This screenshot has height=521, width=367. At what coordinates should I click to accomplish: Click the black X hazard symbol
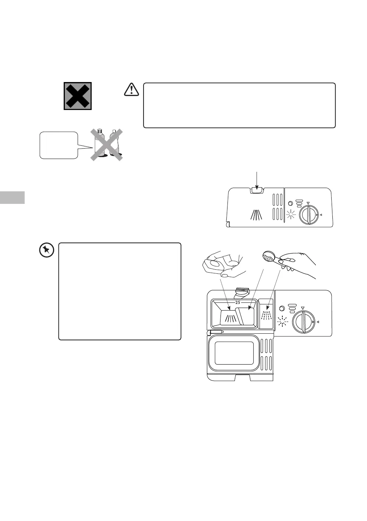tap(78, 96)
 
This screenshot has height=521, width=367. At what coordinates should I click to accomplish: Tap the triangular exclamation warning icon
tap(131, 89)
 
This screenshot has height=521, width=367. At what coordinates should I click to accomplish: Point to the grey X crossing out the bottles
tap(107, 145)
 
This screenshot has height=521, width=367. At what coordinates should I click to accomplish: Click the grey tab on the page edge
tap(12, 197)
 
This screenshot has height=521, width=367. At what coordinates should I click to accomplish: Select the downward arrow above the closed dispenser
tap(257, 180)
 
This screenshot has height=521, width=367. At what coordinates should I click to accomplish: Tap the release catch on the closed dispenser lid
tap(257, 190)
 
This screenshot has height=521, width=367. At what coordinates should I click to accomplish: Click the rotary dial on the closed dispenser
tap(308, 214)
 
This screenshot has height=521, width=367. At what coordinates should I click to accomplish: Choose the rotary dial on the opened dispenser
tap(303, 322)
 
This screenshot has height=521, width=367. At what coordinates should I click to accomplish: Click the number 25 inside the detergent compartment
tap(237, 302)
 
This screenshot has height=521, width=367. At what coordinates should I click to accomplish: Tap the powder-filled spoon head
tap(268, 256)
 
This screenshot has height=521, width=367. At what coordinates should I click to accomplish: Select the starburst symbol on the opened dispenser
tap(282, 321)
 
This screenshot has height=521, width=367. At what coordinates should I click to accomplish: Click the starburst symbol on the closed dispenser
tap(291, 214)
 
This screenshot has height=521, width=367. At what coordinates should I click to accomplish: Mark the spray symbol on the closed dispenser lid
tap(257, 214)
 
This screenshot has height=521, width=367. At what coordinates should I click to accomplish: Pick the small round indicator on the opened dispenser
tap(282, 308)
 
